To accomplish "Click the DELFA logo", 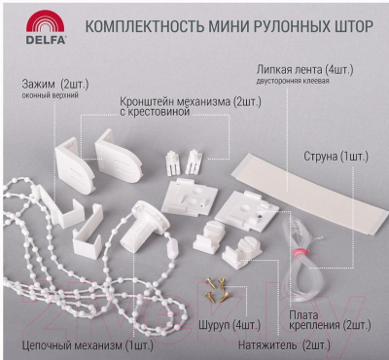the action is (46, 26).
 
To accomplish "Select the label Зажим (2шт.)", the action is (55, 85).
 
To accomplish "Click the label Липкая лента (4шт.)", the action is (304, 69).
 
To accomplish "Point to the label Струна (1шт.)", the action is (336, 157).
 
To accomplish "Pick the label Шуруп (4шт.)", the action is (230, 325).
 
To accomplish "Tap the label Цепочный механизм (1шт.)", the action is (88, 345).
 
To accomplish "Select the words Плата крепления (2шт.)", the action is (330, 320).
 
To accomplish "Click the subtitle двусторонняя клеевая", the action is (293, 81).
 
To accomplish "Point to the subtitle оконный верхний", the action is (51, 96).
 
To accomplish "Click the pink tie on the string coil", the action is (299, 252).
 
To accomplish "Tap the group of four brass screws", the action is (217, 290).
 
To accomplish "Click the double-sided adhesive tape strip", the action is (309, 193).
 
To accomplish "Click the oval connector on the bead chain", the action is (171, 249).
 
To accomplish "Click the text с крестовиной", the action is (154, 112).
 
